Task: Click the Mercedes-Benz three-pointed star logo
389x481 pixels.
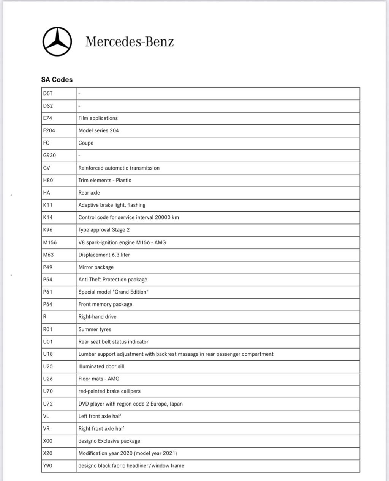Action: point(57,42)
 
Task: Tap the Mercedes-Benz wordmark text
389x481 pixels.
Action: point(129,41)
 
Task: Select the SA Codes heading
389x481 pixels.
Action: point(57,80)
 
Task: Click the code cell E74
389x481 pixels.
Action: point(48,118)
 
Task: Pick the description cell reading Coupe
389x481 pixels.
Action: point(86,143)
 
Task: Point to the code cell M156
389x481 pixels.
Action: point(50,242)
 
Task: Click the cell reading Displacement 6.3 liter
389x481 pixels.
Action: point(104,255)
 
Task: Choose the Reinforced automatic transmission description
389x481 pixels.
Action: point(119,168)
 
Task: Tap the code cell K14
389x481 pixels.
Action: point(48,217)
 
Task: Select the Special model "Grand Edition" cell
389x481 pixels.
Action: point(113,292)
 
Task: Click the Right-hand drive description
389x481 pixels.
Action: point(97,317)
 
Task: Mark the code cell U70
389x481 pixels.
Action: point(48,391)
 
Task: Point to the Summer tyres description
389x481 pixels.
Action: point(95,329)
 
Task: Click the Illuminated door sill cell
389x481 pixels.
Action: point(101,366)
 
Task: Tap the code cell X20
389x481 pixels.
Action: point(48,453)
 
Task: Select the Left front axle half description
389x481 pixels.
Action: point(100,416)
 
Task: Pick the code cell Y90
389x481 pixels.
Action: point(48,465)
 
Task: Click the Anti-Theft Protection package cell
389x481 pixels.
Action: point(112,280)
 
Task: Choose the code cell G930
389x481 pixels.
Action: point(49,155)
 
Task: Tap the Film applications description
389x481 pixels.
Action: point(98,118)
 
